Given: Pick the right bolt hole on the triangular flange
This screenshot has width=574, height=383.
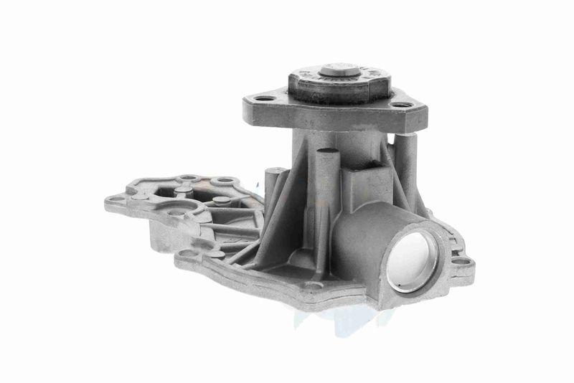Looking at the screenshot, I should tap(402, 105).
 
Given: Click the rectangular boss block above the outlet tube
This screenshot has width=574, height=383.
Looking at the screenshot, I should tap(367, 184).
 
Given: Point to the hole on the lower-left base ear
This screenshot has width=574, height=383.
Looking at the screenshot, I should tap(188, 253).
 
